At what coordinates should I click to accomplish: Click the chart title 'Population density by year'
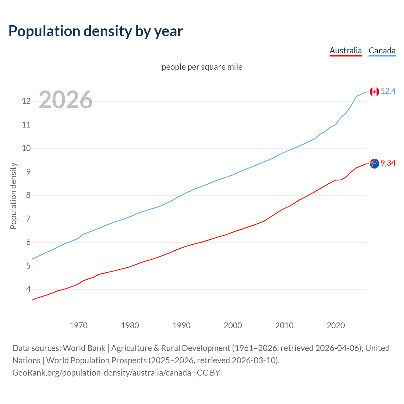[x=96, y=31]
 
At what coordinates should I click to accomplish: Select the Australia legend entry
[x=346, y=50]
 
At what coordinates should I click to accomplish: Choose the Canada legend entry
[x=382, y=50]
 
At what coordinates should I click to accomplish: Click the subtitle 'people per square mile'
[x=202, y=67]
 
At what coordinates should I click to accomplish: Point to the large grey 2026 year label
[x=66, y=100]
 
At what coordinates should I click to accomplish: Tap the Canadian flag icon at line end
[x=374, y=92]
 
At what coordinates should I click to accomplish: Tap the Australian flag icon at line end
[x=374, y=163]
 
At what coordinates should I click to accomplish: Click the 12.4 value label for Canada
[x=388, y=91]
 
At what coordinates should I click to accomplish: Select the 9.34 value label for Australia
[x=388, y=163]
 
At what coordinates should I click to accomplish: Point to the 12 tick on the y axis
[x=26, y=101]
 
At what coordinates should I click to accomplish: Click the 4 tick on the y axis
[x=28, y=289]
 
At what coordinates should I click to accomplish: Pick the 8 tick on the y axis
[x=28, y=195]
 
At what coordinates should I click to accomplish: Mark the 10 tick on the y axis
[x=26, y=148]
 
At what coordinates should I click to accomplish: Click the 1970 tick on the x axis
[x=79, y=325]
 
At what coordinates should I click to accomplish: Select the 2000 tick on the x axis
[x=233, y=325]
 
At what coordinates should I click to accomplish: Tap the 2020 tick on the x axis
[x=336, y=325]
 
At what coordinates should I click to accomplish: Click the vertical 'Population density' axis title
[x=13, y=196]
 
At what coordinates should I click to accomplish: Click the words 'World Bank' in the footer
[x=84, y=348]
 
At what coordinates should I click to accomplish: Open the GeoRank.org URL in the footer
[x=102, y=373]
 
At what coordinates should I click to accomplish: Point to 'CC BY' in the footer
[x=208, y=373]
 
